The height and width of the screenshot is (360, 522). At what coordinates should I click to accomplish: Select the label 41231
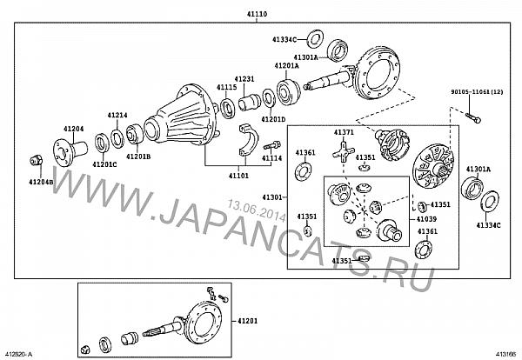(x=244, y=79)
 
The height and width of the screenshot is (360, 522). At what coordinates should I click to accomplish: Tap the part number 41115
(x=227, y=88)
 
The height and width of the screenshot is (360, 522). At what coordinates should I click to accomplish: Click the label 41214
(x=117, y=115)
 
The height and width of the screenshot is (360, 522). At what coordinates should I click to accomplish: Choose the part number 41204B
(x=40, y=181)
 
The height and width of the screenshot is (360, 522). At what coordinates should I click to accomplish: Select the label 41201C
(x=105, y=163)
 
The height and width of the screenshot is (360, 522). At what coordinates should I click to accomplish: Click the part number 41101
(x=238, y=175)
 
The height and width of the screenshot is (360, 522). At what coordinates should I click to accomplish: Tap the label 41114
(x=272, y=158)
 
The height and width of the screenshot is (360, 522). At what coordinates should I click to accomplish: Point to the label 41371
(x=344, y=132)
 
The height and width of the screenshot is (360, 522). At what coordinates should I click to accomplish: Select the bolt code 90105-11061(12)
(x=478, y=91)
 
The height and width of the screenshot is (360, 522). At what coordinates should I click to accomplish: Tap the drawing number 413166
(x=505, y=354)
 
